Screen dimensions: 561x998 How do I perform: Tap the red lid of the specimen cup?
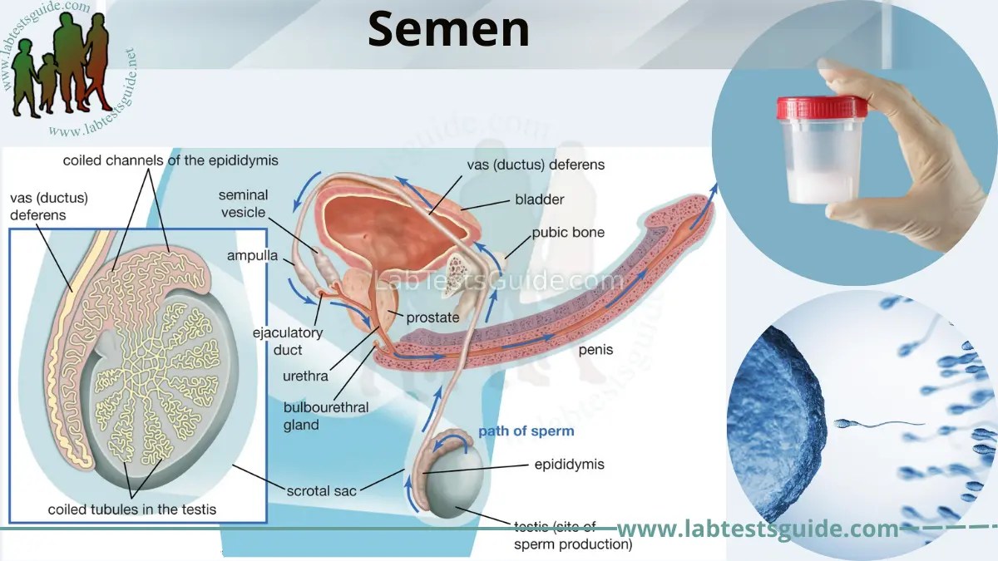click(822, 108)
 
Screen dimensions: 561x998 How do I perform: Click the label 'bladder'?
click(539, 199)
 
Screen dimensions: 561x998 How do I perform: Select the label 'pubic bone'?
click(568, 233)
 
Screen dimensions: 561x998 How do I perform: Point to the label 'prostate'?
click(432, 317)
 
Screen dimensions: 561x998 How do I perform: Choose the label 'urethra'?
click(305, 376)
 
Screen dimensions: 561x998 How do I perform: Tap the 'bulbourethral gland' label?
click(326, 416)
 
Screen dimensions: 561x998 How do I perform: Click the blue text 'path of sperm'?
click(526, 431)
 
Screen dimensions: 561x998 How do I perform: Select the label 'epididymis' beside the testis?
click(569, 465)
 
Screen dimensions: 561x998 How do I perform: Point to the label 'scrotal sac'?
click(322, 490)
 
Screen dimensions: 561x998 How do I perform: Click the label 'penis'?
click(595, 350)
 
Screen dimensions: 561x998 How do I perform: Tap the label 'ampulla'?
click(252, 256)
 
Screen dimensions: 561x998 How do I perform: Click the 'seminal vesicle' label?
click(243, 204)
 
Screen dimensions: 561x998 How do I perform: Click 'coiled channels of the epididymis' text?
click(170, 160)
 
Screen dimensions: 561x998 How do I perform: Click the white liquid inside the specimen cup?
click(822, 179)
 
